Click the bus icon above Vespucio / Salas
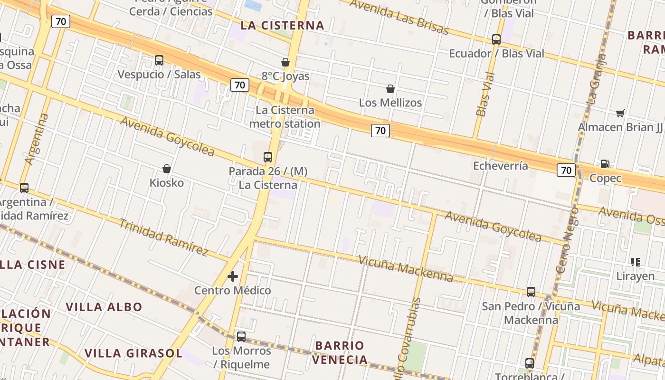[159, 60]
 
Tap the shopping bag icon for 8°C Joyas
[285, 62]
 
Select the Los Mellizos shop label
[390, 102]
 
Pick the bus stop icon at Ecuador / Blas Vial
[496, 39]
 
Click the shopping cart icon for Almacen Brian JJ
[620, 113]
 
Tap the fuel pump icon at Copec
[605, 164]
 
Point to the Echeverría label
[500, 166]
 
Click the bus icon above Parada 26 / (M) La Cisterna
[268, 157]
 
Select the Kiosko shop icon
[167, 169]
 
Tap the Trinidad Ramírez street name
[163, 237]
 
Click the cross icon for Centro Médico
[233, 276]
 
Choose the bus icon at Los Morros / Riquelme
[241, 337]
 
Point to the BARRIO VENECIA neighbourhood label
[340, 352]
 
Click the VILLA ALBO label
[104, 307]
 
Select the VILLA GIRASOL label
[133, 353]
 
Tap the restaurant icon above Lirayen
[636, 262]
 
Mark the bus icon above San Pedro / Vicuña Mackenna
[531, 292]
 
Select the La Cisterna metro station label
[285, 117]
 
